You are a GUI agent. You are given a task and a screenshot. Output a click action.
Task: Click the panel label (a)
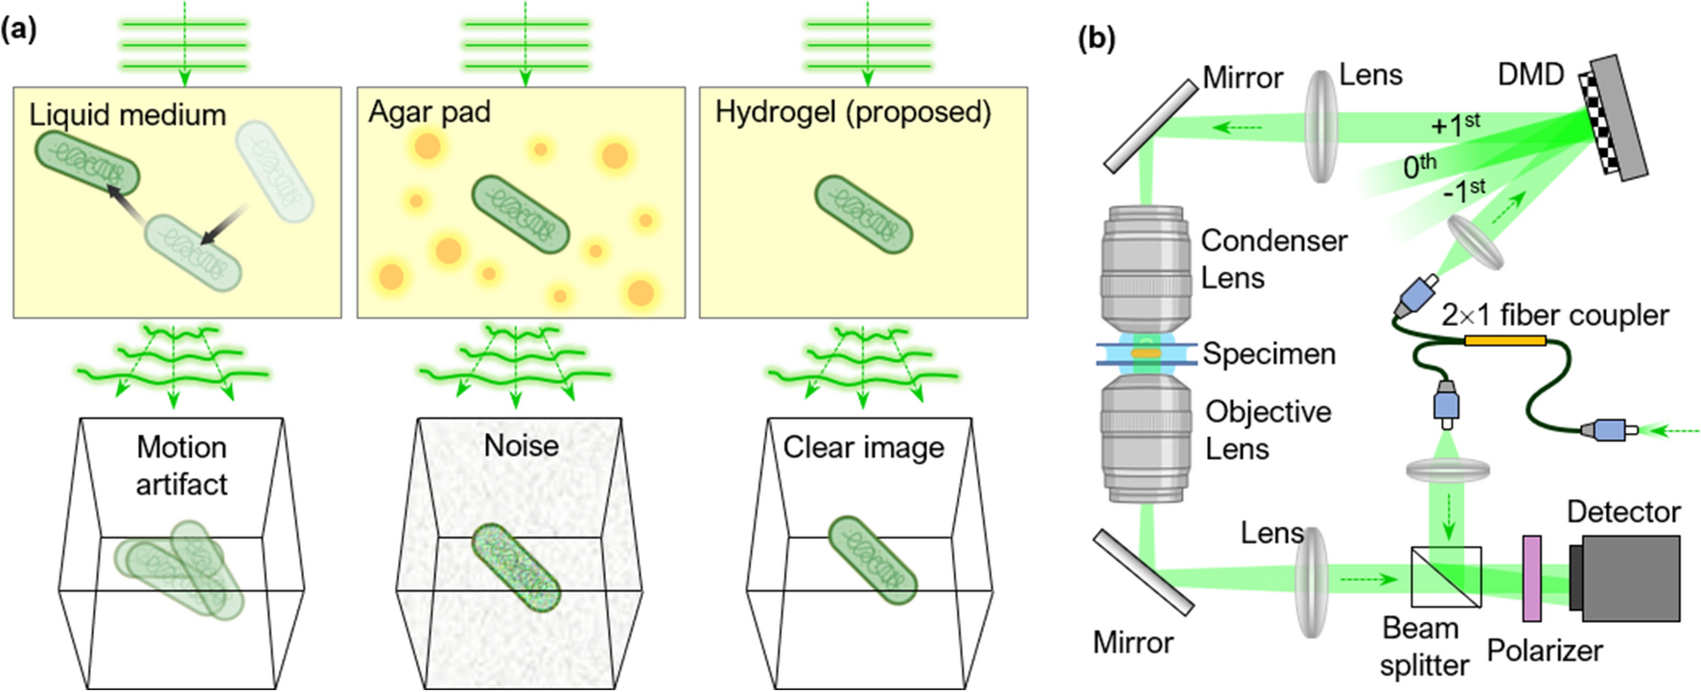pos(18,30)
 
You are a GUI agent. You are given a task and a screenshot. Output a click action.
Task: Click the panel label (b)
pos(1097,38)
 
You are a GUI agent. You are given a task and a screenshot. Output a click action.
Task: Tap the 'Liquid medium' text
pos(128,115)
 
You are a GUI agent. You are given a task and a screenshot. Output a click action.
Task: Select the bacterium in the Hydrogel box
pos(863,215)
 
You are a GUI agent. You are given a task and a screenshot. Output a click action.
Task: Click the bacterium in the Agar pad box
pos(521,215)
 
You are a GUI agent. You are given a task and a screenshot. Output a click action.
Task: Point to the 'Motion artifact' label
pos(181,465)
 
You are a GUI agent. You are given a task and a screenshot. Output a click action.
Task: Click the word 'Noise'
pos(521,446)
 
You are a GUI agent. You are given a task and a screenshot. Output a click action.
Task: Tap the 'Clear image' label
pos(863,448)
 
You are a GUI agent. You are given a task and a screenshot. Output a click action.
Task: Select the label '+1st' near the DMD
pos(1455,124)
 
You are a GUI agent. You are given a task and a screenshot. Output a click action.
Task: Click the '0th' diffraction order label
pos(1419,167)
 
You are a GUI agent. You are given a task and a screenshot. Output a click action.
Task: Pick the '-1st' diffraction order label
pos(1463,191)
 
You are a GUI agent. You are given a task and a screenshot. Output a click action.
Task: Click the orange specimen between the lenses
pos(1146,354)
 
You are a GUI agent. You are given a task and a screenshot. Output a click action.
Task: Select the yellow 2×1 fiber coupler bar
pos(1504,340)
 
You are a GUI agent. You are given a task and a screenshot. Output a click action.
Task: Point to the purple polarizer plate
pos(1531,578)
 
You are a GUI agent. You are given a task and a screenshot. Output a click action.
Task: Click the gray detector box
pos(1630,578)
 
